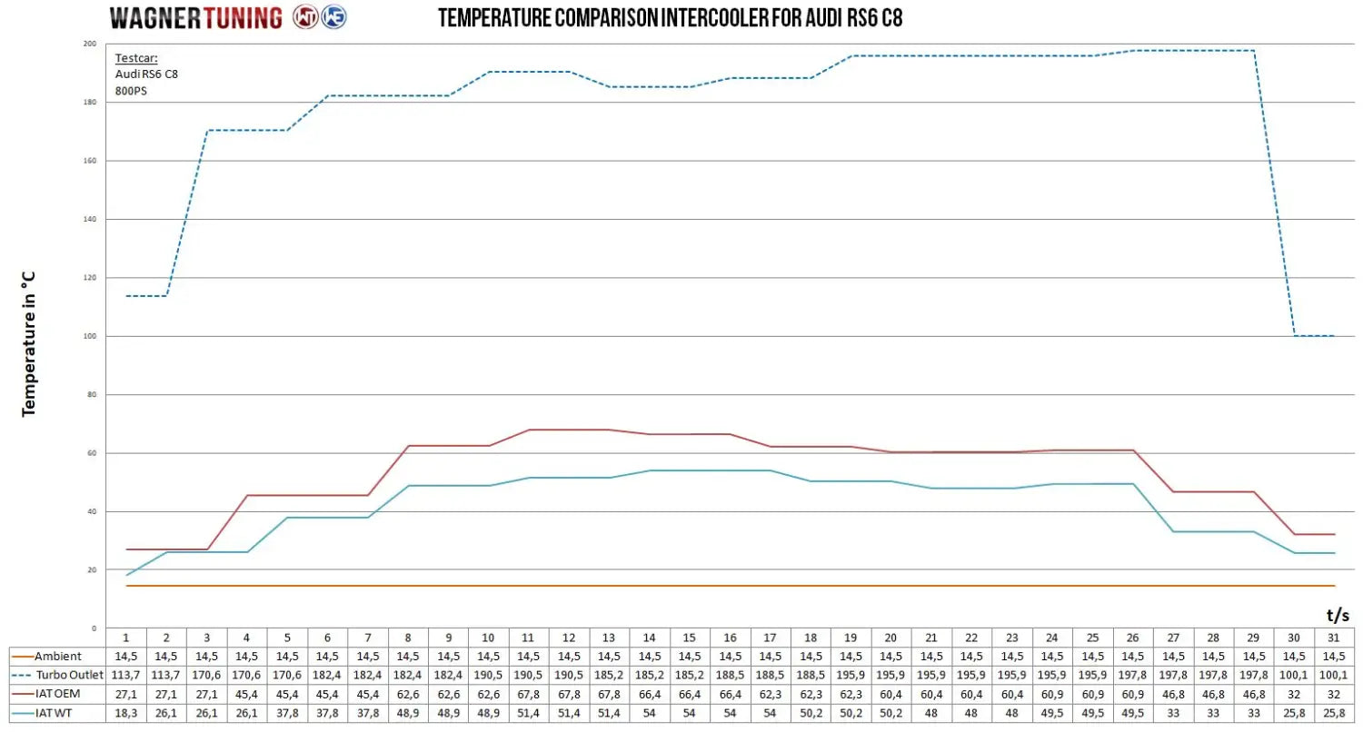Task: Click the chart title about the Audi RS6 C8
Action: (x=671, y=18)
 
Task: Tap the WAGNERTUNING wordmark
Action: (x=197, y=17)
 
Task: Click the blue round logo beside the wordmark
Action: (x=334, y=17)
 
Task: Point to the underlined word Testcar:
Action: (x=136, y=58)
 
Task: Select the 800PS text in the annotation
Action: (x=131, y=90)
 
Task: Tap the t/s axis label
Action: (x=1337, y=615)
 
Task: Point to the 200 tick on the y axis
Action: (x=89, y=44)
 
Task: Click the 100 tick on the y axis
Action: (x=89, y=336)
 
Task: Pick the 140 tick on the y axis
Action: (x=89, y=219)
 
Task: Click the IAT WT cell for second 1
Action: (x=126, y=713)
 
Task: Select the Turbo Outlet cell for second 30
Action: (x=1294, y=675)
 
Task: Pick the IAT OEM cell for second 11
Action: (x=529, y=694)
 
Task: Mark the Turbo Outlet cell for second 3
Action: (x=207, y=675)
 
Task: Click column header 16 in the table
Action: (x=730, y=637)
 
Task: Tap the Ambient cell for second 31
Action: (x=1334, y=656)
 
